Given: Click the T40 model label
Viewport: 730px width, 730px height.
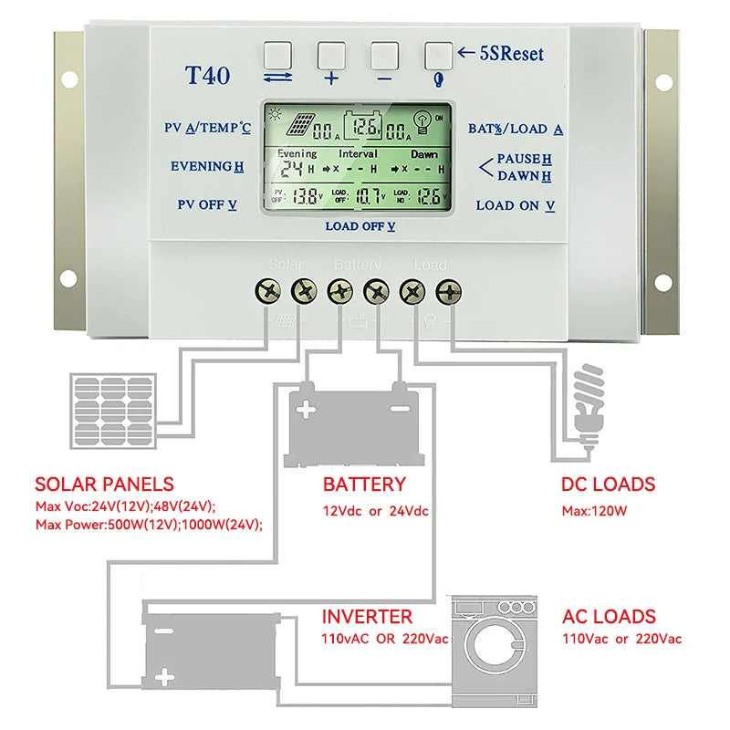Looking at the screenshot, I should coord(208,76).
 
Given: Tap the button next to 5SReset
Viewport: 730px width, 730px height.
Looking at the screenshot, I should coord(439,55).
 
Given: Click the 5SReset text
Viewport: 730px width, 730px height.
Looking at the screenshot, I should coord(511,54).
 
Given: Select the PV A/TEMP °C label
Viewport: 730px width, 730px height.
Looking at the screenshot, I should coord(207,129).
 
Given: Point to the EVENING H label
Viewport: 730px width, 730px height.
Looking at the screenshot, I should coord(207,166).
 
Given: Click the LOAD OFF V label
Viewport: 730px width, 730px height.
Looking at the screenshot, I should coord(360,226).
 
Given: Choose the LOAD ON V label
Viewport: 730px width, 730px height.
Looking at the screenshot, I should coord(516,205).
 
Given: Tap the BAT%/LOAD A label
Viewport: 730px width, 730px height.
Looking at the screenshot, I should coord(516,130).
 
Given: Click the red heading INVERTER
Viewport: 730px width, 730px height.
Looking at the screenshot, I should coord(367,617).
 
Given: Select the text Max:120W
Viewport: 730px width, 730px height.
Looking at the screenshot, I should coord(594,511).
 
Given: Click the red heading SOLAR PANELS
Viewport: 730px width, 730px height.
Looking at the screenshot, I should coord(104,485).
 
